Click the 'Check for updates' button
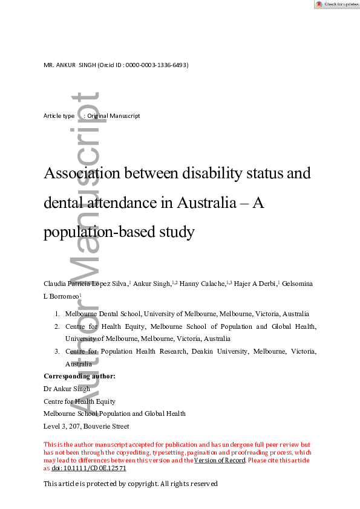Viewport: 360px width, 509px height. click(x=336, y=4)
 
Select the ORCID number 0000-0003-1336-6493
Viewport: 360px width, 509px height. click(x=155, y=65)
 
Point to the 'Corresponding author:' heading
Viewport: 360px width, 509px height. click(x=79, y=376)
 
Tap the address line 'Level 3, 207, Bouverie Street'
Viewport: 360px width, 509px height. click(x=86, y=426)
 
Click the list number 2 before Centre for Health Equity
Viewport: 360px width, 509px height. click(x=57, y=326)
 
